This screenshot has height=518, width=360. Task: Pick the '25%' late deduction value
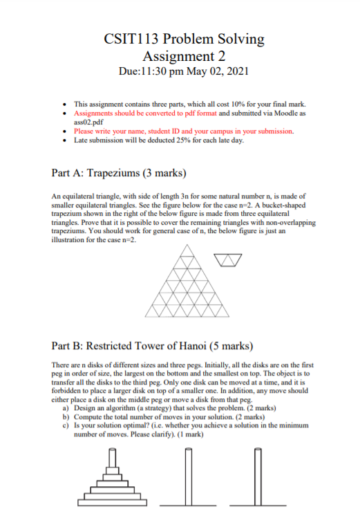179,140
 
